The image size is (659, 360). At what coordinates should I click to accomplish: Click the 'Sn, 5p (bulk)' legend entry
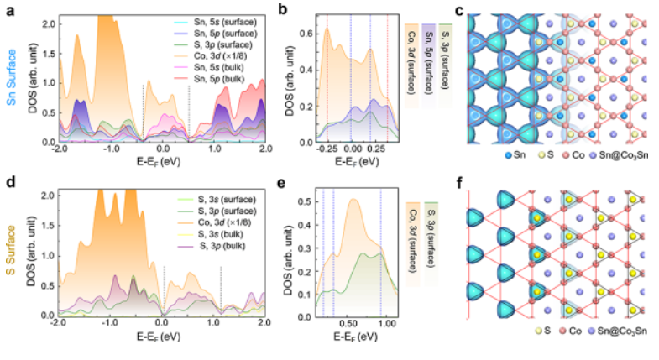tap(209, 88)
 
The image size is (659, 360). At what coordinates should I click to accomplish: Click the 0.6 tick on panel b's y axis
tap(304, 31)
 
